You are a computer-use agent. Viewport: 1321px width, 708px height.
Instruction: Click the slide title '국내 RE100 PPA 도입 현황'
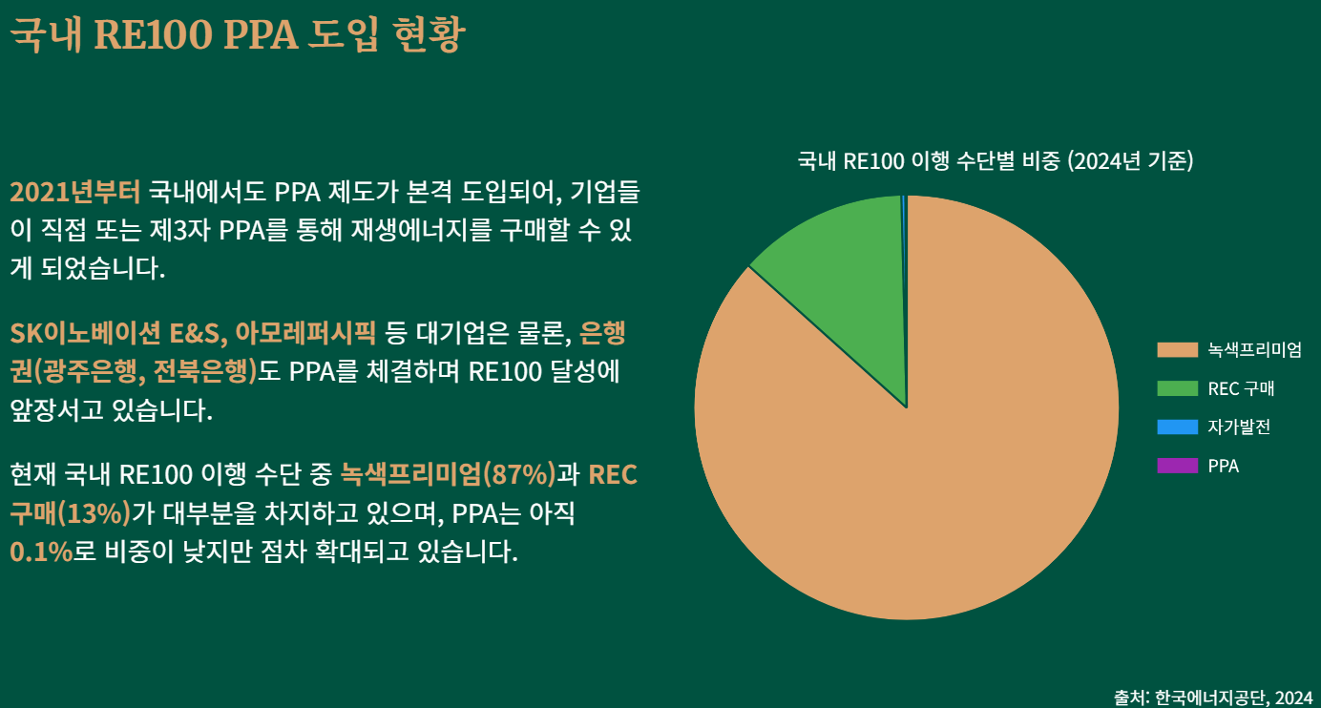(237, 35)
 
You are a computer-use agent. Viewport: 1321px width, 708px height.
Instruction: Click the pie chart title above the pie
(996, 160)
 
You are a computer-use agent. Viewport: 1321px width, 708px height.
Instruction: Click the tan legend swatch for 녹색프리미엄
(1177, 349)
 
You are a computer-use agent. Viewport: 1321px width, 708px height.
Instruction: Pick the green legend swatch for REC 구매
(1177, 388)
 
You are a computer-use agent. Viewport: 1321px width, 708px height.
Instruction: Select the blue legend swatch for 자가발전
(1177, 427)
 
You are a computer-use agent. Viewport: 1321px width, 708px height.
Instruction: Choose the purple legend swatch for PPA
(1177, 466)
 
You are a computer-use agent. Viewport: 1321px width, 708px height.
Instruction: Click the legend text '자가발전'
(1238, 427)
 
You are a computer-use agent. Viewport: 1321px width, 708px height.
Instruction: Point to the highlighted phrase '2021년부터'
(74, 192)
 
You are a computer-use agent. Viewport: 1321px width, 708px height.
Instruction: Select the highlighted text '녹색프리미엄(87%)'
(448, 474)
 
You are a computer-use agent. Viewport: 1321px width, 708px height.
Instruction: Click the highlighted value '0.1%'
(41, 552)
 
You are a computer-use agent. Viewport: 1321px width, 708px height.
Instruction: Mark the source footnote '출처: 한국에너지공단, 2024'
(1212, 697)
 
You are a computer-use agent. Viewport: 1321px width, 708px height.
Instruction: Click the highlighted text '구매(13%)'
(70, 513)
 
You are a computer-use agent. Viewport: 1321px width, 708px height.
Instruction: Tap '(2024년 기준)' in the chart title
(1129, 160)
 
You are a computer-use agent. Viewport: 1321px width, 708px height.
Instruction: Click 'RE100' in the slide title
(154, 35)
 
